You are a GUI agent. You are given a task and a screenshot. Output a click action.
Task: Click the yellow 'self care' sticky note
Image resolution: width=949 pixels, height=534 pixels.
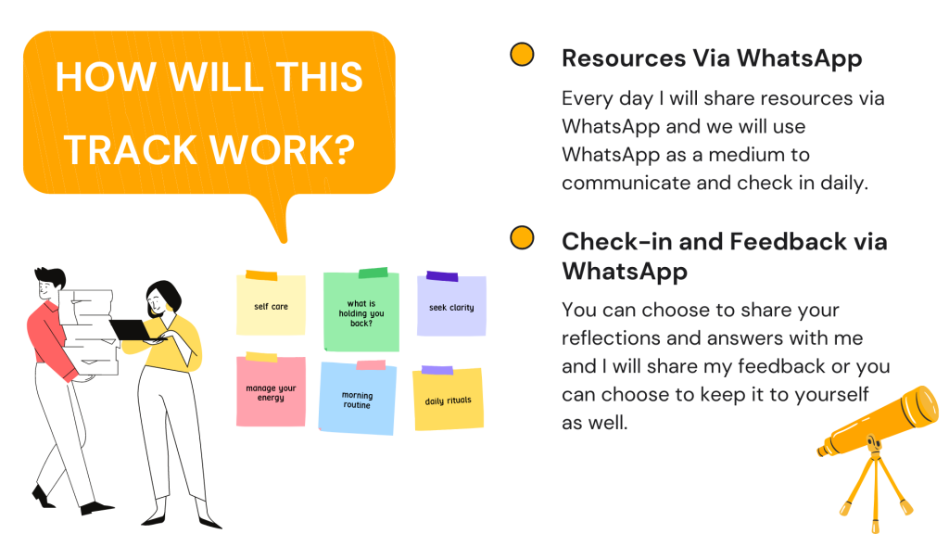point(271,304)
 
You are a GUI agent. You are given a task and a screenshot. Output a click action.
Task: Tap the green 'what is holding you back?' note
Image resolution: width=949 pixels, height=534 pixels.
point(361,310)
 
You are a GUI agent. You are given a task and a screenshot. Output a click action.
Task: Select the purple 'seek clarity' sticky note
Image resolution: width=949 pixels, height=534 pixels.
point(451,305)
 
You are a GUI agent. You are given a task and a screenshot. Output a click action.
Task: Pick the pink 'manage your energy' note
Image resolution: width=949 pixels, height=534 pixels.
point(271,390)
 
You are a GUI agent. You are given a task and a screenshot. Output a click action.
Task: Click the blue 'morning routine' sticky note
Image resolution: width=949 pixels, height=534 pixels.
point(357,398)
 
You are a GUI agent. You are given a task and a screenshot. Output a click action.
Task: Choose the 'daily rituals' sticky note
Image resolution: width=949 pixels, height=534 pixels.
point(448,399)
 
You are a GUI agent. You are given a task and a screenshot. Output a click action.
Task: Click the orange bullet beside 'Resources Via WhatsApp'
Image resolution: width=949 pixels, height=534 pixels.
point(522,55)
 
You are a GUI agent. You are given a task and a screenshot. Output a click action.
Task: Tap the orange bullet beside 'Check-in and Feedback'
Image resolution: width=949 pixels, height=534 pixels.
point(522,238)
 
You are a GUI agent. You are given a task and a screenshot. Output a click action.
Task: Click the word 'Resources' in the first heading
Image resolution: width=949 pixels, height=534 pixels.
point(624,58)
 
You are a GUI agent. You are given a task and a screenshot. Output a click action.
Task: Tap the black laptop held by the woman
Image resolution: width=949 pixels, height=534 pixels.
point(133,330)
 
